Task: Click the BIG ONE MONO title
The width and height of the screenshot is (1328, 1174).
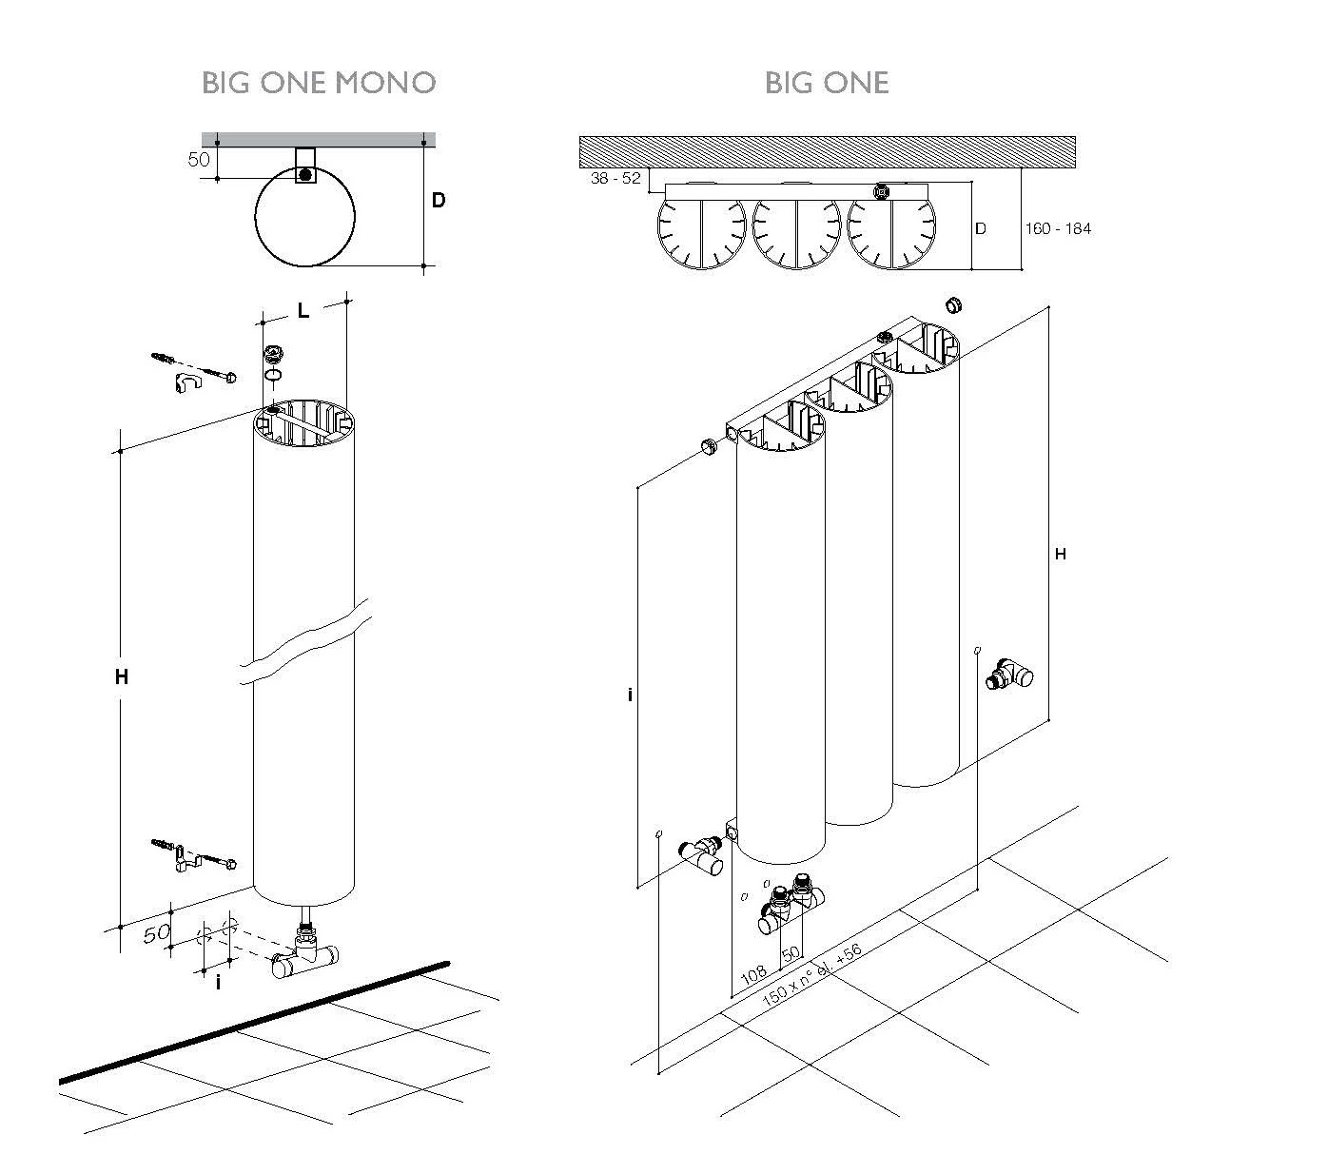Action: pyautogui.click(x=319, y=83)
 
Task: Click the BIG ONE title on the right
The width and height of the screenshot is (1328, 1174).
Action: pyautogui.click(x=827, y=83)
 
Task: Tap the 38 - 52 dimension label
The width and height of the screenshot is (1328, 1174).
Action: pyautogui.click(x=615, y=178)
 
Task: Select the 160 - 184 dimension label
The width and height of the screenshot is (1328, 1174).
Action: pyautogui.click(x=1058, y=228)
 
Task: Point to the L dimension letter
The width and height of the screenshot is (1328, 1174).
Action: pyautogui.click(x=303, y=311)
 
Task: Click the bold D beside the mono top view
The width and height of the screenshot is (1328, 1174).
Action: pyautogui.click(x=439, y=200)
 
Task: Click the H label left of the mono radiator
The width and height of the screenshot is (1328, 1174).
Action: pyautogui.click(x=121, y=677)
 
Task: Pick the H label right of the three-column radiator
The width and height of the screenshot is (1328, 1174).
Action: pyautogui.click(x=1061, y=555)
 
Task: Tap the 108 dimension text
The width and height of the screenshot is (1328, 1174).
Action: pyautogui.click(x=753, y=975)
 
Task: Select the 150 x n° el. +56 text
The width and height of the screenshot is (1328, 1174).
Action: pyautogui.click(x=811, y=975)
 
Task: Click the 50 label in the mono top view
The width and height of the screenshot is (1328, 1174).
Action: pyautogui.click(x=199, y=159)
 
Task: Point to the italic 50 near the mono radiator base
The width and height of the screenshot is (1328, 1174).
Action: pyautogui.click(x=157, y=933)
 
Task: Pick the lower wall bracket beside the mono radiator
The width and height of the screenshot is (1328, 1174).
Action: pyautogui.click(x=194, y=856)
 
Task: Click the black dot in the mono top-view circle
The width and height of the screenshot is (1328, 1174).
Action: pyautogui.click(x=304, y=175)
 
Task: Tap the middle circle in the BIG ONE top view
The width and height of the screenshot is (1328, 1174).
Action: pyautogui.click(x=796, y=232)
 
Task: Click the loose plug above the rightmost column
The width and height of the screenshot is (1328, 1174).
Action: pyautogui.click(x=953, y=304)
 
